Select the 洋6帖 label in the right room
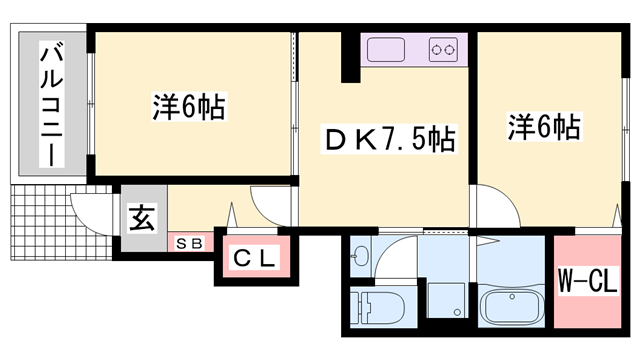(x=544, y=126)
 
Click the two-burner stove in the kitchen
(x=443, y=48)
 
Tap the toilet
(x=377, y=305)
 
